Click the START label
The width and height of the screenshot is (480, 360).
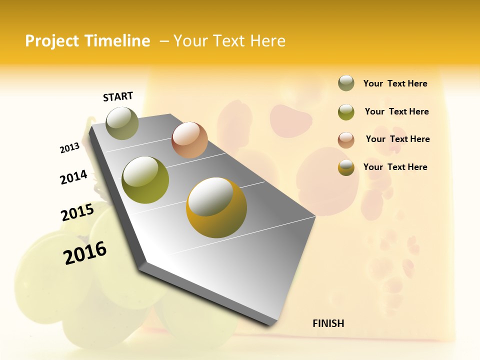[118, 96]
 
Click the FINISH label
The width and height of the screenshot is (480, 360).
[328, 323]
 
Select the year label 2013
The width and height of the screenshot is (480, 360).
[69, 148]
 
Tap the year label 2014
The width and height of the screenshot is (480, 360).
[73, 177]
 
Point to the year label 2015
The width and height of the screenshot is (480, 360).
[77, 212]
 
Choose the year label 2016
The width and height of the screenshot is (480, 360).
[85, 252]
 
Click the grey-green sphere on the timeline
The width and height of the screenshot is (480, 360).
[122, 123]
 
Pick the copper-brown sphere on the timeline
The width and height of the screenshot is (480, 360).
[189, 140]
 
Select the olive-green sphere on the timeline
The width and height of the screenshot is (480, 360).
[145, 179]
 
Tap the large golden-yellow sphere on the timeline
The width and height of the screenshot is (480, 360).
[216, 207]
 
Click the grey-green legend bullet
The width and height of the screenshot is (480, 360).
[346, 83]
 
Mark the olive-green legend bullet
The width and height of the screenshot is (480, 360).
[346, 112]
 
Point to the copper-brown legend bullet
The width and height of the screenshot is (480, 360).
[346, 140]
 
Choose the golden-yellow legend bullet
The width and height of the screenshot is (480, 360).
[346, 167]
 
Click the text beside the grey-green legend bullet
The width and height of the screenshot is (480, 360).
[395, 84]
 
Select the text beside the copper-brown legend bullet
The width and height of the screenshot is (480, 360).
[397, 139]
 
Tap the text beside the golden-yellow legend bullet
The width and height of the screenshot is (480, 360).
[395, 167]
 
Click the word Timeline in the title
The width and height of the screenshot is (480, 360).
[117, 41]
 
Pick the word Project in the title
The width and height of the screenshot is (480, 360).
[52, 41]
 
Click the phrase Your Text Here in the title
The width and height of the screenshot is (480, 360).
[229, 41]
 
